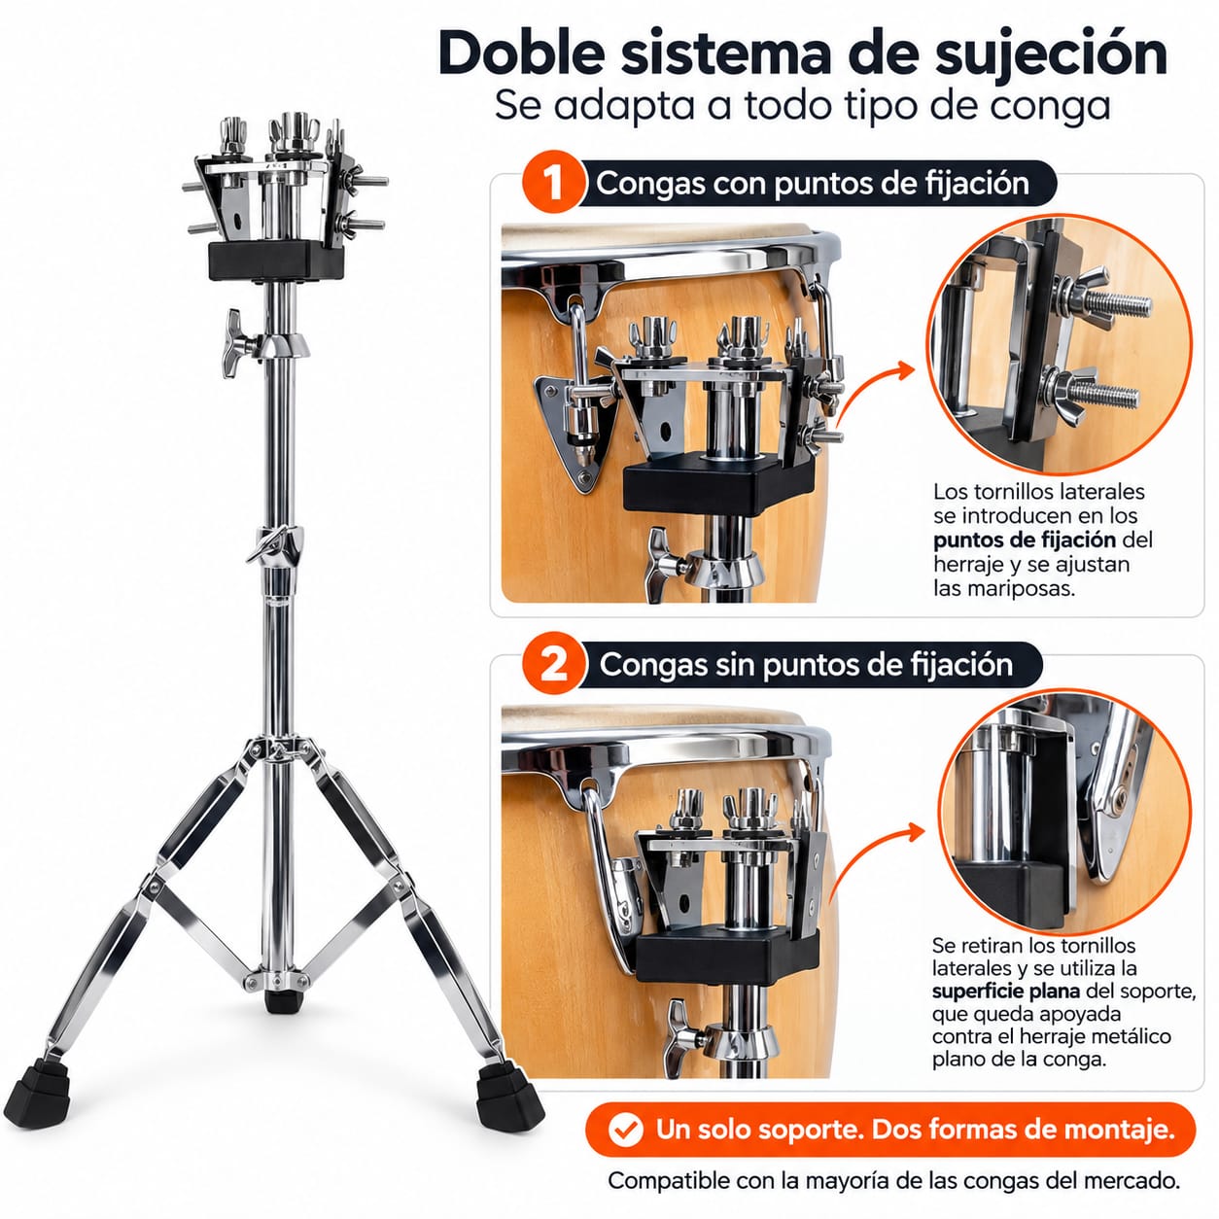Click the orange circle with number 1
tap(553, 182)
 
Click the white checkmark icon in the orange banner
tap(625, 1130)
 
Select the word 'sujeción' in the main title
tap(1052, 55)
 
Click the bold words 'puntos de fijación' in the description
tap(1025, 540)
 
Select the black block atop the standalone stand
tap(276, 260)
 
